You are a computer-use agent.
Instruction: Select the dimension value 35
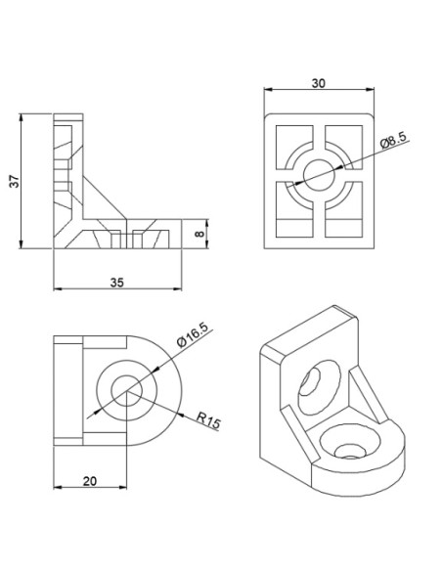coord(117,282)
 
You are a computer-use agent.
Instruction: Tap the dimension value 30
coord(318,84)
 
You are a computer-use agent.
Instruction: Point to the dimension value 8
coord(200,235)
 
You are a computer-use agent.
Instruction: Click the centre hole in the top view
coord(127,393)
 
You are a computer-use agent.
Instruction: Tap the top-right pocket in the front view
coord(346,141)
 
